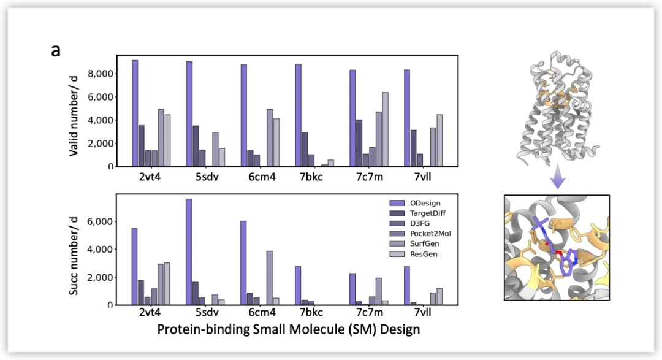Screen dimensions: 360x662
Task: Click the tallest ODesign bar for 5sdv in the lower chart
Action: (189, 251)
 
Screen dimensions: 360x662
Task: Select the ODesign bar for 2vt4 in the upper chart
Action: (135, 113)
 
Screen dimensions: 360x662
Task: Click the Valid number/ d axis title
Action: (74, 112)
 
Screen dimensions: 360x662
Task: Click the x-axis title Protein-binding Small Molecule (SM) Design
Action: (288, 329)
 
